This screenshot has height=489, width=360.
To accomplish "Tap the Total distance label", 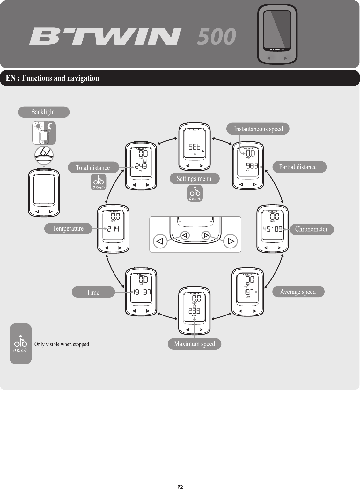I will coord(93,168).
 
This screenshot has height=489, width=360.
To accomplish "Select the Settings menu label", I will coord(194,179).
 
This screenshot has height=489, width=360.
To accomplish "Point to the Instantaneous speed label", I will coord(258,129).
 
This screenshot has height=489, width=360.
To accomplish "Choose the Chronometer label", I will coord(311,229).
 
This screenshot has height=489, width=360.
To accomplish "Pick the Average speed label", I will coord(298,292).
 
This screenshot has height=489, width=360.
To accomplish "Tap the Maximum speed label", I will coord(194,344).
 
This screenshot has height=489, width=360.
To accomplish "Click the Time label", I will coord(93,293).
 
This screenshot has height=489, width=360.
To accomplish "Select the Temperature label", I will coord(68,229).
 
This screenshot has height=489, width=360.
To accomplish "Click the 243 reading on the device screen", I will coord(141,166).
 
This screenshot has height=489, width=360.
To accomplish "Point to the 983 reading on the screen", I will coord(252,166).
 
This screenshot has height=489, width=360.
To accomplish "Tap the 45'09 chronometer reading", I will coord(272,229).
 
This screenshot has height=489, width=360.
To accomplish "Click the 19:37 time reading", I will coord(142,292).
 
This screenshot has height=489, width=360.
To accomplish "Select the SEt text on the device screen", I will coord(194,147).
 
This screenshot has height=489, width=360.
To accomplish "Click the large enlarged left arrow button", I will coord(160,241).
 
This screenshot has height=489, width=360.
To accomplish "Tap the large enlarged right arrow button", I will coord(231,241).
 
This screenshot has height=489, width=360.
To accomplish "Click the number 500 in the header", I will coord(217,36).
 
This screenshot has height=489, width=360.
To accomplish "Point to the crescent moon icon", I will coord(50,126).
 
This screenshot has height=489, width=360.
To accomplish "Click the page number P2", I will coord(180,487).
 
